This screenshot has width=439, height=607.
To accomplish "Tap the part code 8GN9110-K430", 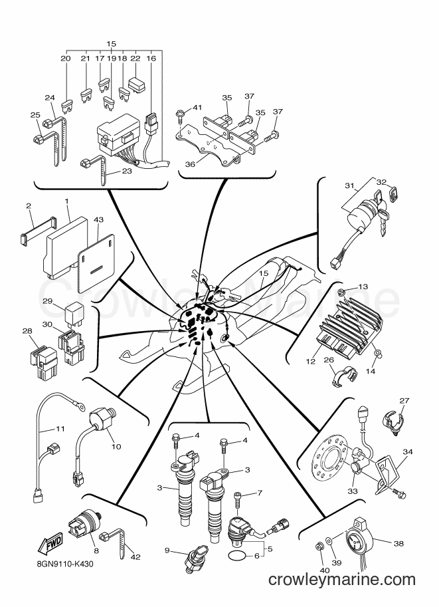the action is coord(62,564).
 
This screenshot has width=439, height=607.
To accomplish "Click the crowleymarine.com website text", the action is coord(341,580).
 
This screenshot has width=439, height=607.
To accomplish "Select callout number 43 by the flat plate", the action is coord(99,220).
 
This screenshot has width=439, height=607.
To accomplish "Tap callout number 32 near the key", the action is coord(381,182).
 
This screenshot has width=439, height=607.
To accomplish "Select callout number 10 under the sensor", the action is coord(116,446).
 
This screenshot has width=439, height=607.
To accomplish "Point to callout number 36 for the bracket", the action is coord(190,164).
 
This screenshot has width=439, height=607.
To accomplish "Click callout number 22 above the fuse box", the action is coord(135,58).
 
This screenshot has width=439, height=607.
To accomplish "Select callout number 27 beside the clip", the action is coord(404,401).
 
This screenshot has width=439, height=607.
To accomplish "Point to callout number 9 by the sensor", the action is coord(167,550).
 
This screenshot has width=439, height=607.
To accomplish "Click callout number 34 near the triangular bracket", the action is coord(407,452).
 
